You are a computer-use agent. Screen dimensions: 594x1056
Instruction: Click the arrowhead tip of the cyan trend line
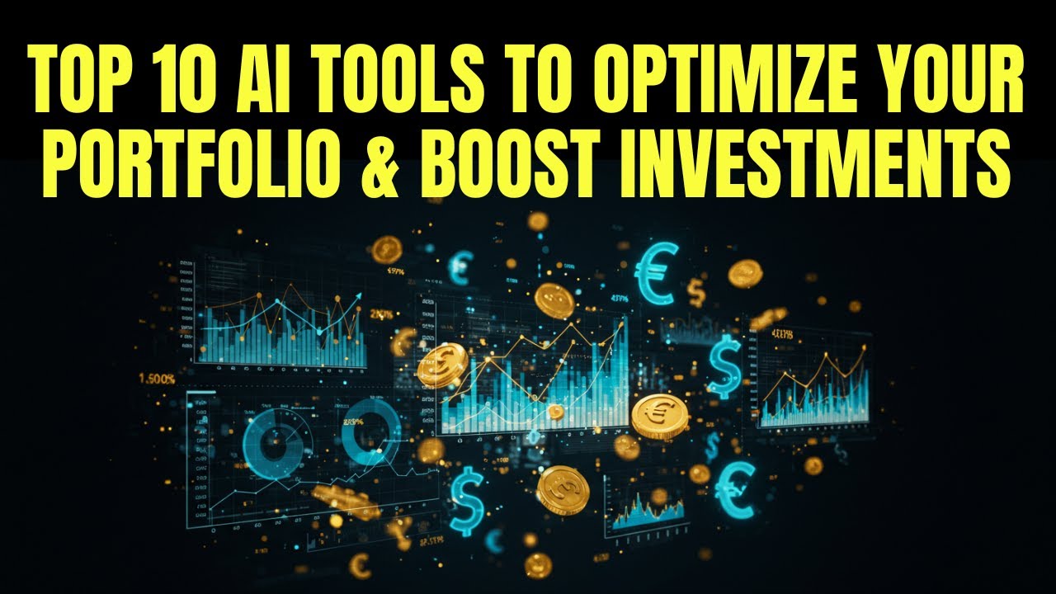[361, 305]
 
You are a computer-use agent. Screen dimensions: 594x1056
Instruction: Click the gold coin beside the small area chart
[563, 490]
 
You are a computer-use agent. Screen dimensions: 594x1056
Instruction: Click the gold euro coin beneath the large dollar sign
[659, 416]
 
